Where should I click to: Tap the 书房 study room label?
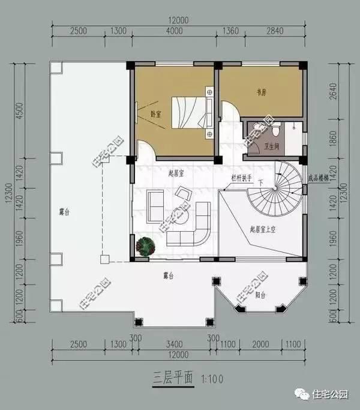(x=261, y=92)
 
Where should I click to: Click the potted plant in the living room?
(x=145, y=246)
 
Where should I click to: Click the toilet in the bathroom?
(x=275, y=130)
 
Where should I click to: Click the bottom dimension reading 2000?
(x=260, y=344)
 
